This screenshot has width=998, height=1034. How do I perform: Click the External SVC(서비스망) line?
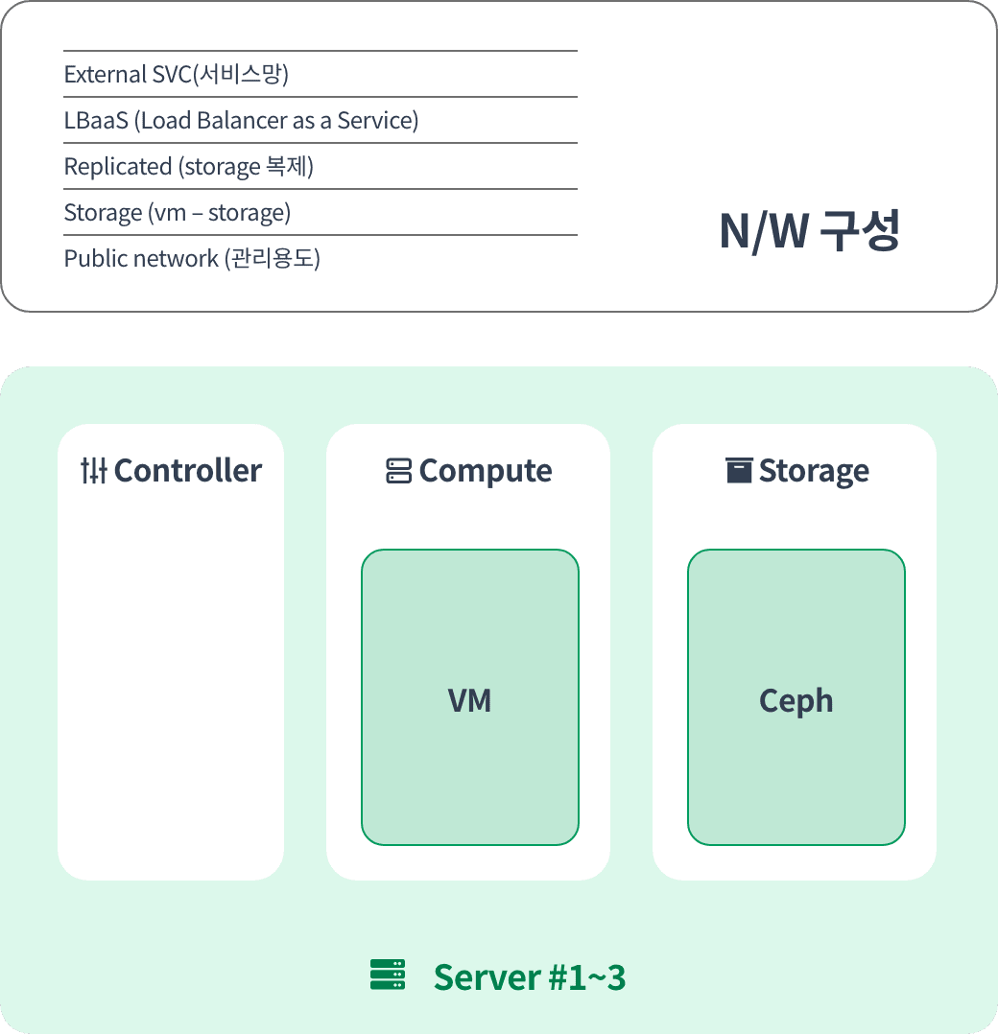(177, 74)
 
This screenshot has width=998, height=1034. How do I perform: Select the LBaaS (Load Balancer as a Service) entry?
(242, 120)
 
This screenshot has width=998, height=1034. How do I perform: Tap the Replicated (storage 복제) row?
(189, 166)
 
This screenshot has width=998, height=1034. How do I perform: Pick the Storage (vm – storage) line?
(178, 212)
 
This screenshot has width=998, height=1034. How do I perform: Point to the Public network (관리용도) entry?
(192, 258)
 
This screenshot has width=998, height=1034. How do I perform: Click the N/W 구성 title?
(809, 231)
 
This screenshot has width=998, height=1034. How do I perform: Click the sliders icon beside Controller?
(94, 470)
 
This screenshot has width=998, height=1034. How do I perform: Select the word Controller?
(188, 470)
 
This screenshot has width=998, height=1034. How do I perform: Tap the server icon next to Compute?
(398, 471)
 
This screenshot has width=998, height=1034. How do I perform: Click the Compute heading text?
(486, 471)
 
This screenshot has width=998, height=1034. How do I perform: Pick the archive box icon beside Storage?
(739, 470)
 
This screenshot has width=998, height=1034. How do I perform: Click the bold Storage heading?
(814, 472)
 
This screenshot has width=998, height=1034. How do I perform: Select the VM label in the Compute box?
(469, 700)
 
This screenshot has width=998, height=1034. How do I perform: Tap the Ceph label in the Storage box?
(796, 701)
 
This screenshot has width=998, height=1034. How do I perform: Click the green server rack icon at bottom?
(388, 975)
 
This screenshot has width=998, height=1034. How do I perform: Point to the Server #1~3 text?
(530, 976)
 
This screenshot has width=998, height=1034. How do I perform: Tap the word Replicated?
(118, 167)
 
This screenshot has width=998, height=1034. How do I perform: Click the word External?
(105, 74)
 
